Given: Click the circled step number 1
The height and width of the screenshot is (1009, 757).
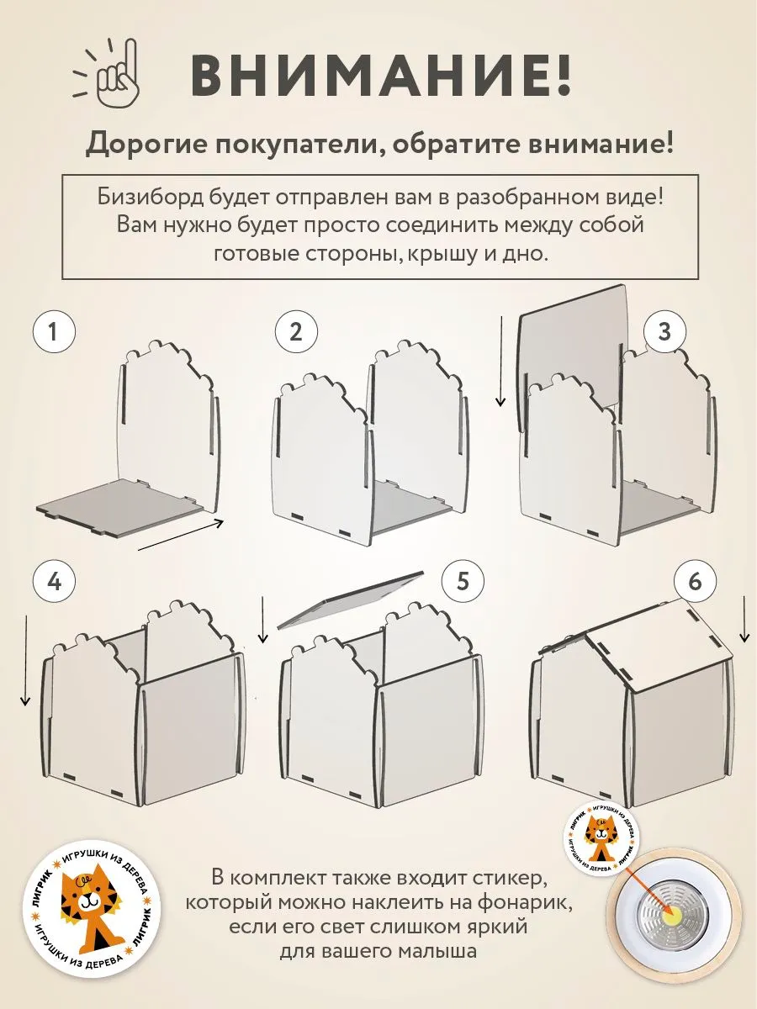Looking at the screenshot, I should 54,332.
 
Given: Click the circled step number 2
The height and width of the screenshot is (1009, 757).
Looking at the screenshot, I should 296,332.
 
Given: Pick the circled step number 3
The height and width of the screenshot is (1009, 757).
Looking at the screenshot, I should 664,332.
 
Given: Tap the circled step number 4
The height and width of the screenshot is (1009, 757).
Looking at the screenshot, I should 54,582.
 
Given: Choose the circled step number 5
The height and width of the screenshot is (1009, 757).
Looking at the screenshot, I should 461,582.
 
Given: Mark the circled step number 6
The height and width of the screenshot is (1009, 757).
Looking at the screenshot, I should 694,582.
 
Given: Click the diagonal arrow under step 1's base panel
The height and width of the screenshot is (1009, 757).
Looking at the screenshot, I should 180,535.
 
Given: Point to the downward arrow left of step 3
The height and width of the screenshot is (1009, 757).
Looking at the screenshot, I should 502,362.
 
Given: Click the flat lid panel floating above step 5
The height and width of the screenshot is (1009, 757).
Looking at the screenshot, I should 348,598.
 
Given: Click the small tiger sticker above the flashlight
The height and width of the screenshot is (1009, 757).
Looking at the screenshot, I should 600,836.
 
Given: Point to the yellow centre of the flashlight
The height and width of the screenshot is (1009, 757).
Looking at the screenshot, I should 673,911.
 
